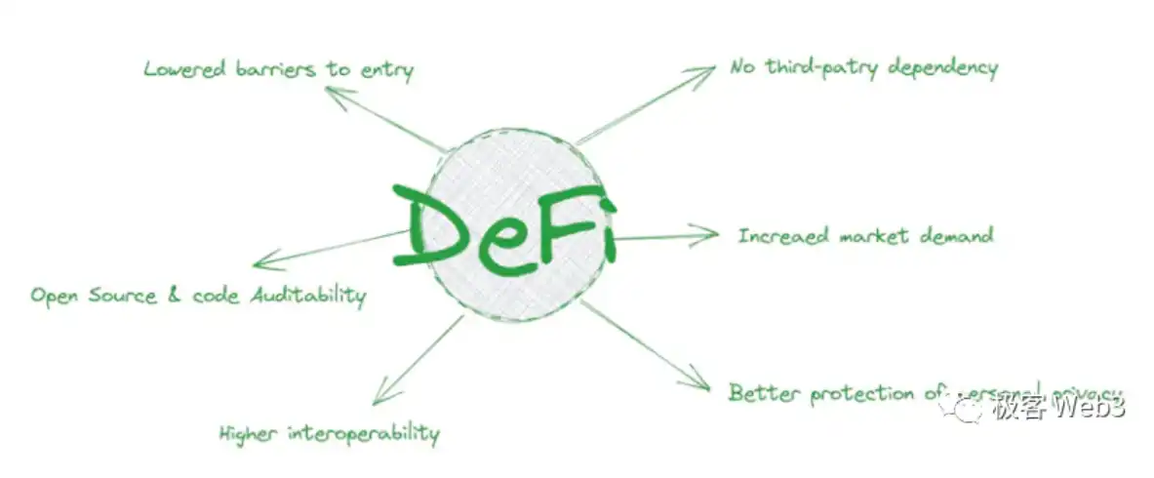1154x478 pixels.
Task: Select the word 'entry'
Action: pyautogui.click(x=386, y=71)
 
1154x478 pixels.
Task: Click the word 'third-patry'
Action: pyautogui.click(x=818, y=67)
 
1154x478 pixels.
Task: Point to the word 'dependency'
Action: pyautogui.click(x=940, y=69)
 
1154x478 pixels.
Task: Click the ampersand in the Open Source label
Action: pyautogui.click(x=175, y=295)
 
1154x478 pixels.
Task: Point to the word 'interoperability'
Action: pyautogui.click(x=363, y=434)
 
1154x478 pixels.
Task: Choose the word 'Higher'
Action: pyautogui.click(x=248, y=433)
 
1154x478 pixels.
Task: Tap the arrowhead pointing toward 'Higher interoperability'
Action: pyautogui.click(x=379, y=398)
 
